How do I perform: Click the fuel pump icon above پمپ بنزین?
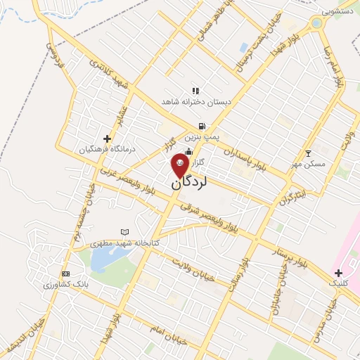pyautogui.click(x=202, y=127)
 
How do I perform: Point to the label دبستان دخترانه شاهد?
pyautogui.click(x=196, y=103)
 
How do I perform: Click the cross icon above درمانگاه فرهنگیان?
pyautogui.click(x=107, y=139)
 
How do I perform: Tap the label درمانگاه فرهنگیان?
pyautogui.click(x=105, y=150)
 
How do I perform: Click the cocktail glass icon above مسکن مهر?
pyautogui.click(x=307, y=153)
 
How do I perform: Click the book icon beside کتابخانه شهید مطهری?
pyautogui.click(x=125, y=232)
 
